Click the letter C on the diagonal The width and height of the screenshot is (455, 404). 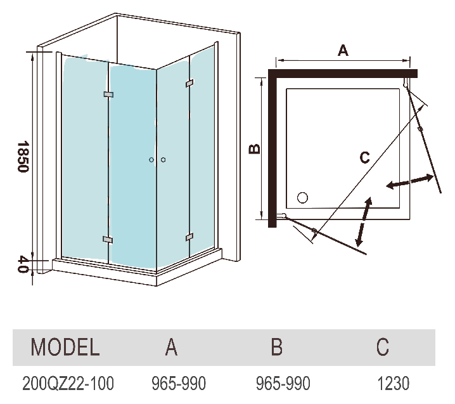pos(364,158)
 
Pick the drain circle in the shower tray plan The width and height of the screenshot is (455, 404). pos(302,197)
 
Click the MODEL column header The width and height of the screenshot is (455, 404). pos(65,347)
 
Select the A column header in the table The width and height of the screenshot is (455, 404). pos(171,347)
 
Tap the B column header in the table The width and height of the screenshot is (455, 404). pos(276,347)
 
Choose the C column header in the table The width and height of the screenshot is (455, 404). pos(382,347)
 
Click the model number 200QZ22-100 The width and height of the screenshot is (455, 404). pos(68,383)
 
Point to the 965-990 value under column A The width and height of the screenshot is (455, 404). pos(179,383)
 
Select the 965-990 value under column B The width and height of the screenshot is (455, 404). pos(283,383)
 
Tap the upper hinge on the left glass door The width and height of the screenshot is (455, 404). pos(108,95)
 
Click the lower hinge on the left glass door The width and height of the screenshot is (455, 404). pos(108,240)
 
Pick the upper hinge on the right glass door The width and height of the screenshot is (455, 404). pos(189,83)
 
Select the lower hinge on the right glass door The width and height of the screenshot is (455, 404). pos(189,237)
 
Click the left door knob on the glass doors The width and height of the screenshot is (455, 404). pos(151,160)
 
